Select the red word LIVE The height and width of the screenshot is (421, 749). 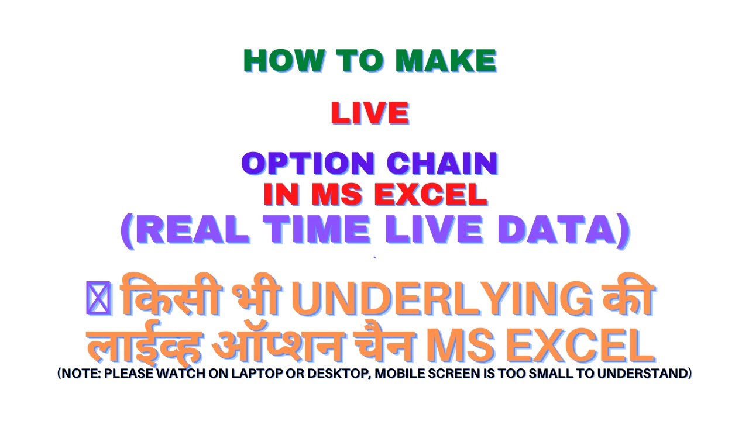pyautogui.click(x=369, y=113)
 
